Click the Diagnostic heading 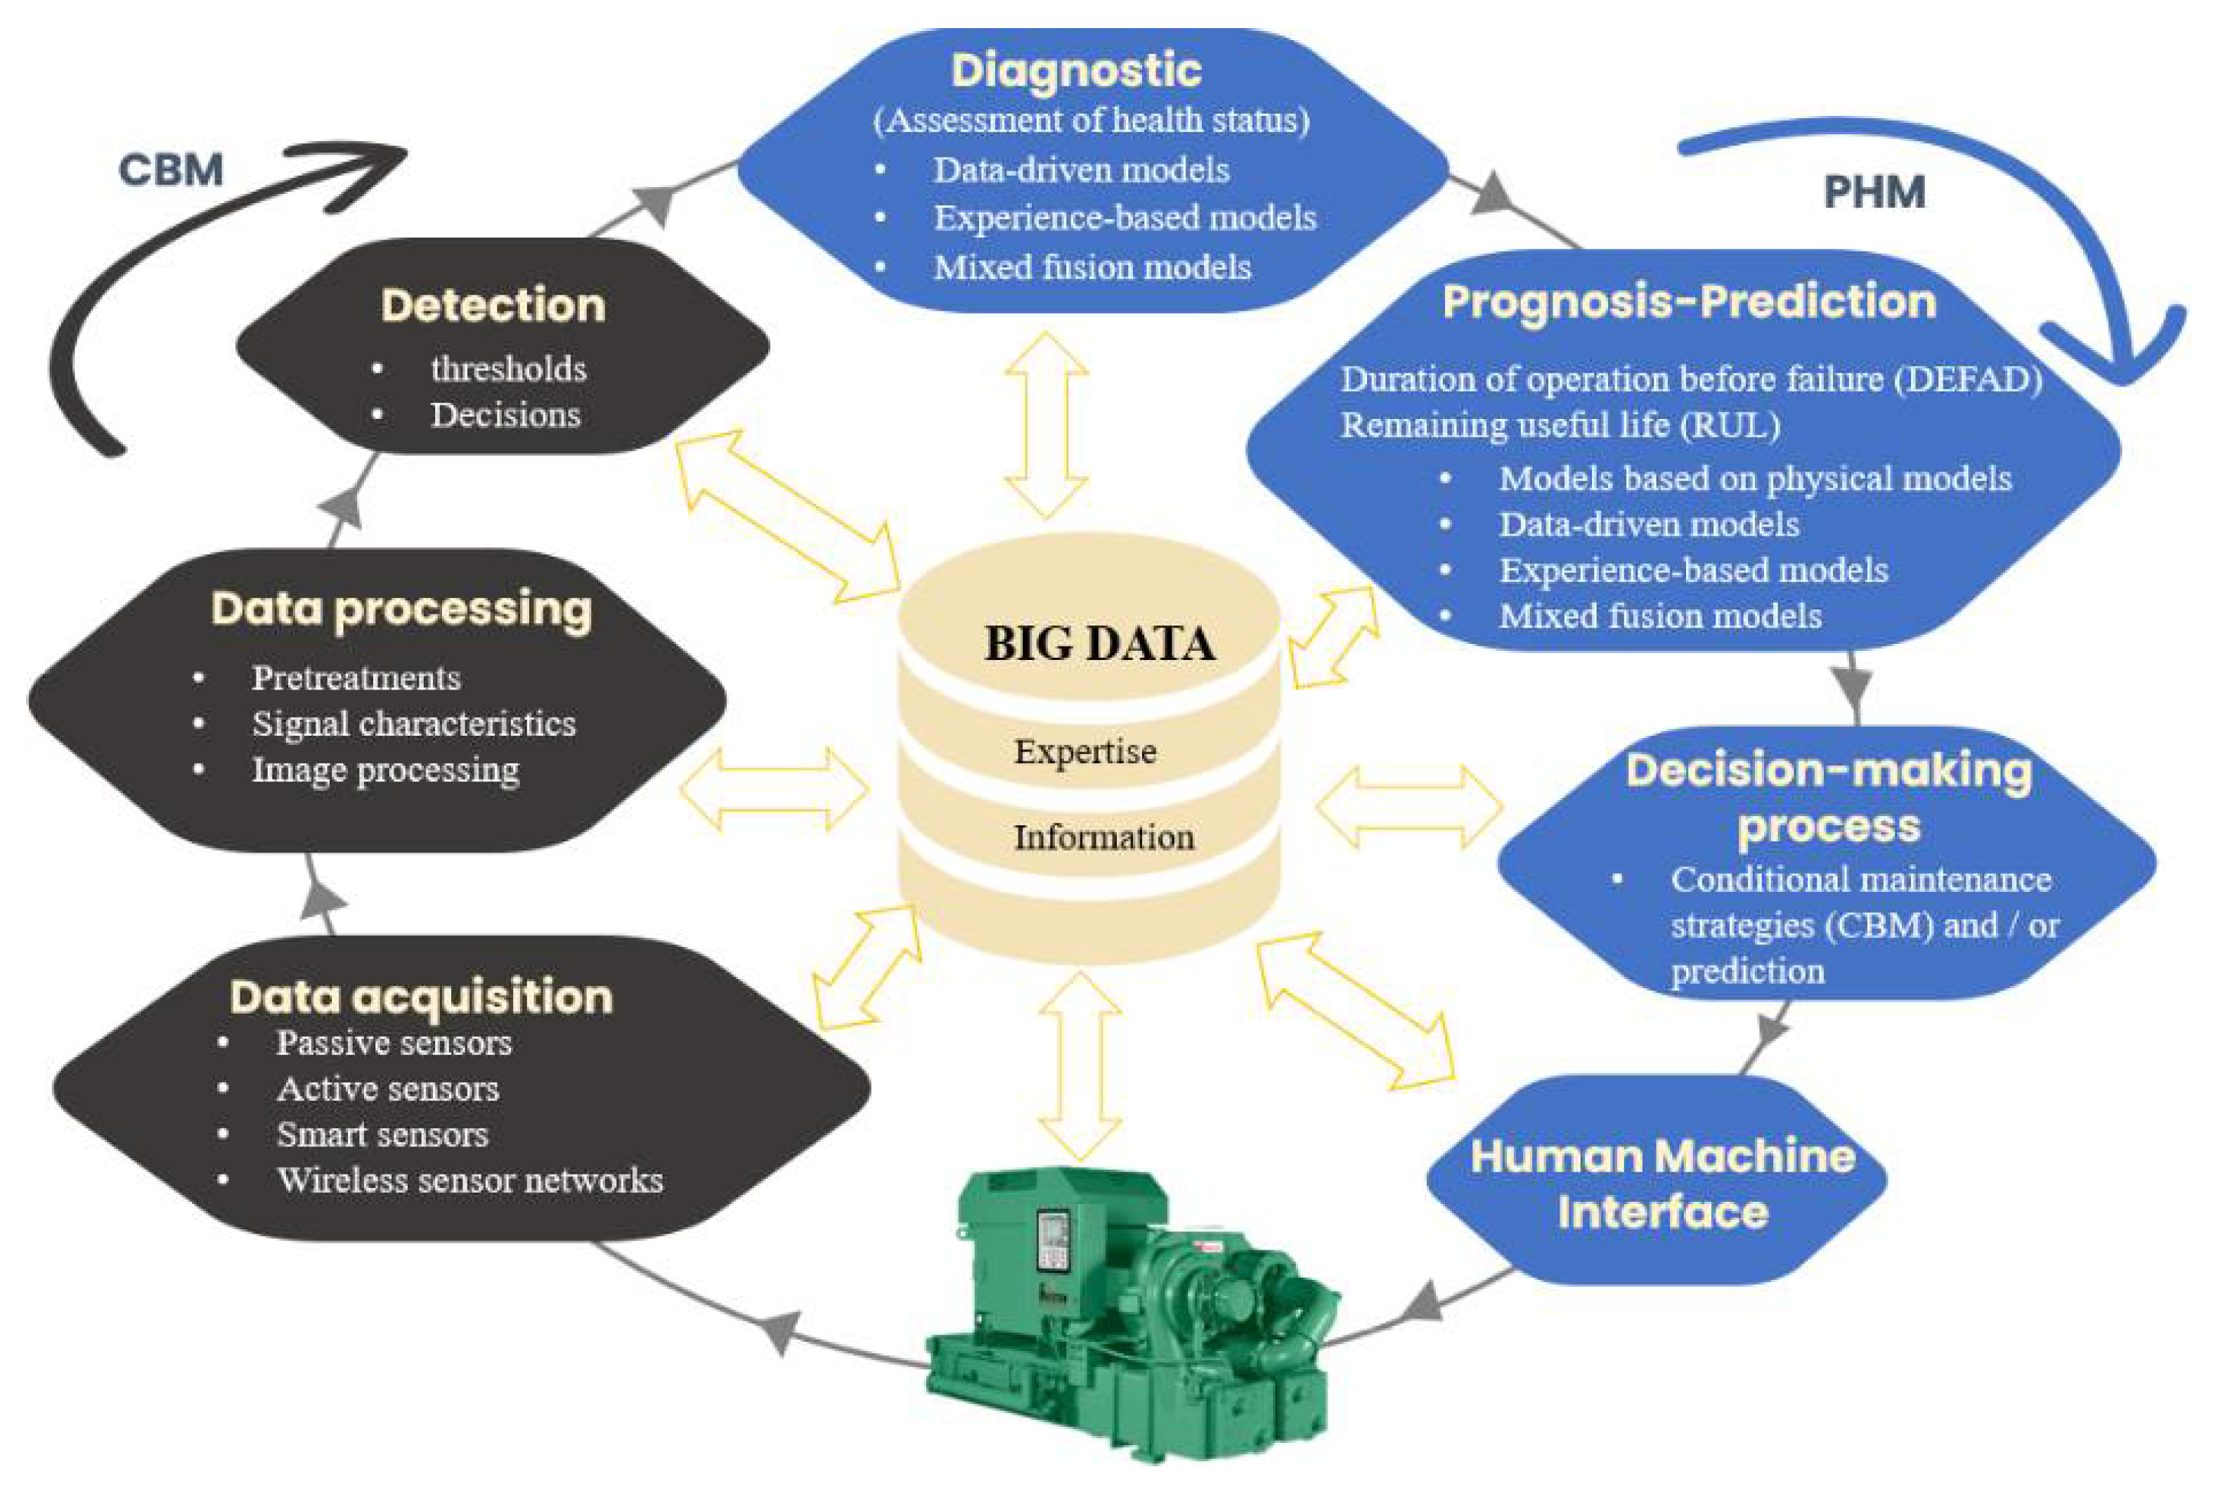1076,71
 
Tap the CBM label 171,171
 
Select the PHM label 1874,193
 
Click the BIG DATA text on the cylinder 1099,643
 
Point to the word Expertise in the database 1085,751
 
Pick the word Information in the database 1103,837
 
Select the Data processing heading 401,610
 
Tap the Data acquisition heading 421,997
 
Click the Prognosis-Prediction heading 1689,302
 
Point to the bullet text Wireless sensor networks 469,1181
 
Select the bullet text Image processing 385,770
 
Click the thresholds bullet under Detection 508,369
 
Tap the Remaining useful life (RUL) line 1560,425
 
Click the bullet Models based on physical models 1755,478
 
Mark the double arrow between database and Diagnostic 1047,425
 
